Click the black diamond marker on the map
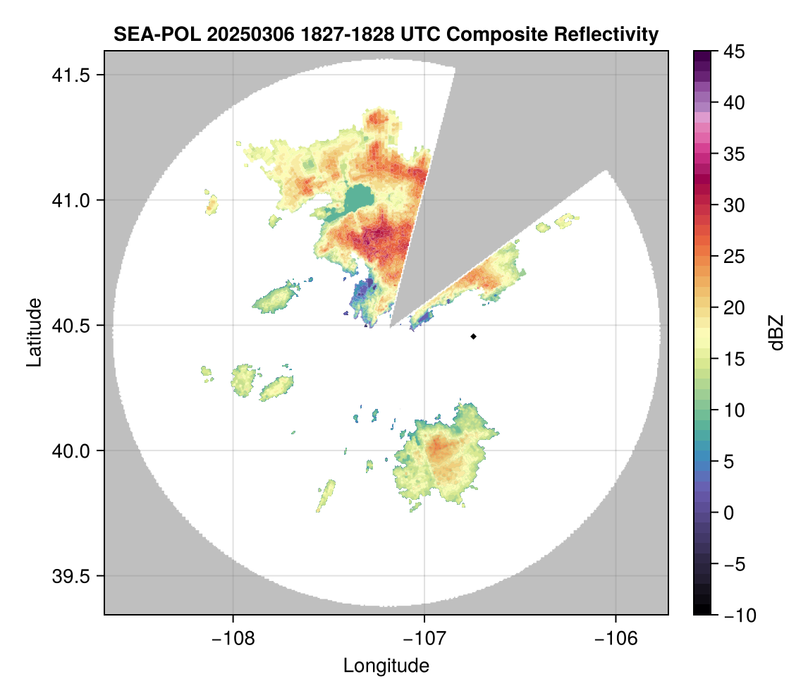[x=474, y=336]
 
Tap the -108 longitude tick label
[x=233, y=637]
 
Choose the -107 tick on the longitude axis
[x=424, y=637]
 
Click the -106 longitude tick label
[x=616, y=637]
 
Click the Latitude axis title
[x=34, y=332]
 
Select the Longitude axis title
[x=386, y=666]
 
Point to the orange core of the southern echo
[x=439, y=448]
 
